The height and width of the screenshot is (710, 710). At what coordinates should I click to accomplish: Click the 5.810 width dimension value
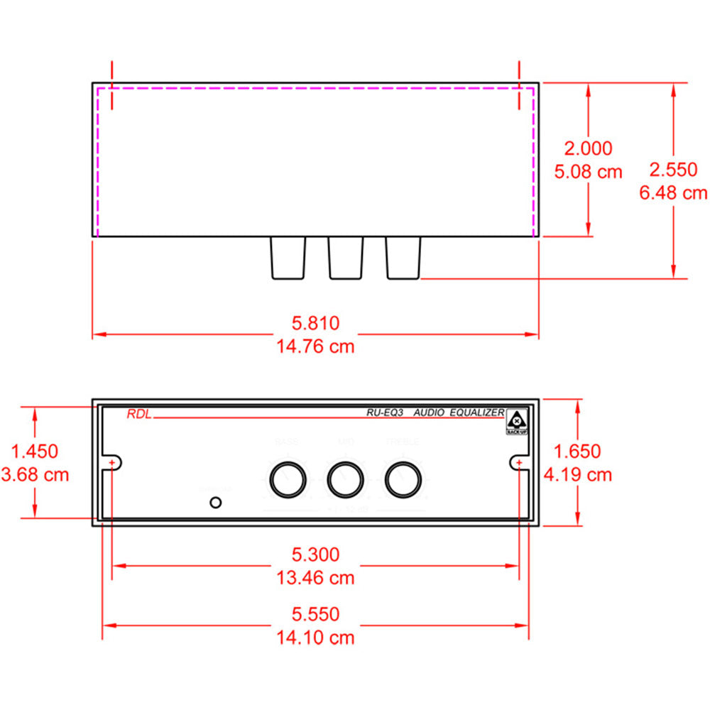click(x=316, y=324)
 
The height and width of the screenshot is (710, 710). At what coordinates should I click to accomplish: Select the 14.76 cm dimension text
click(x=316, y=346)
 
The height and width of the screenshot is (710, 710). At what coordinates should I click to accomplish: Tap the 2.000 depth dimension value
click(x=587, y=148)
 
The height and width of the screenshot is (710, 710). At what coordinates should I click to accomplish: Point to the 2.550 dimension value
click(x=673, y=170)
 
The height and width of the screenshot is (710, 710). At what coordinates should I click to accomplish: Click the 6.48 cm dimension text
click(x=673, y=192)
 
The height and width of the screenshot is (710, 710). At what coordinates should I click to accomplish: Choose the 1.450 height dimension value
click(x=35, y=451)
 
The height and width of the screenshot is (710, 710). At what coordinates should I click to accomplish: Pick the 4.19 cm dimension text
click(x=578, y=474)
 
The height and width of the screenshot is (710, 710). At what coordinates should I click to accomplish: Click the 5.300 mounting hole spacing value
click(x=316, y=554)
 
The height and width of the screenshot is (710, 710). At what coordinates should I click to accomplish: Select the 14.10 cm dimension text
click(x=316, y=637)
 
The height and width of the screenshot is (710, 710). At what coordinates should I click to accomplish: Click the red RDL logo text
click(x=138, y=415)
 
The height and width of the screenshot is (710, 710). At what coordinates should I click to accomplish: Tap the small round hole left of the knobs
click(x=216, y=503)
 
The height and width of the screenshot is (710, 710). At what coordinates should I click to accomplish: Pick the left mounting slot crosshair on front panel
click(x=113, y=463)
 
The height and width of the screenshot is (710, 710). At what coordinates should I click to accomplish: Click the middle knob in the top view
click(x=345, y=258)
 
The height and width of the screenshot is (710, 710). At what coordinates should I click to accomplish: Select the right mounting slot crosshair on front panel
click(x=519, y=463)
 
